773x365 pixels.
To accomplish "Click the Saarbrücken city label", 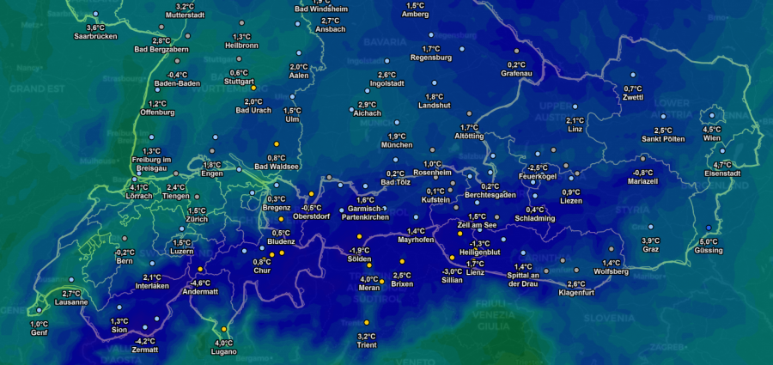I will pyautogui.click(x=95, y=37).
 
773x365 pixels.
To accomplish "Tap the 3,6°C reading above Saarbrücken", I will pyautogui.click(x=95, y=27).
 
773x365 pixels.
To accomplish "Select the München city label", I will pyautogui.click(x=396, y=145).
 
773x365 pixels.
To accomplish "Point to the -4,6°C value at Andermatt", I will pyautogui.click(x=200, y=283).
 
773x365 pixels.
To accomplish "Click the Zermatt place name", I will pyautogui.click(x=144, y=350).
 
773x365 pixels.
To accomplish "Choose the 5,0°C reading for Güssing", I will pyautogui.click(x=709, y=241).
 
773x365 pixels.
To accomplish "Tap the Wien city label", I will pyautogui.click(x=712, y=138).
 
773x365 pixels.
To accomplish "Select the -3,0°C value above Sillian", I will pyautogui.click(x=452, y=271).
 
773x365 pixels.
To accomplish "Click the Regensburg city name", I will pyautogui.click(x=431, y=58).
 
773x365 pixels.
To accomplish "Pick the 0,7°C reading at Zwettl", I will pyautogui.click(x=633, y=88).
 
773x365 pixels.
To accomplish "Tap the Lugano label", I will pyautogui.click(x=224, y=352).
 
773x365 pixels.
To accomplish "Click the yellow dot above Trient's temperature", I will pyautogui.click(x=366, y=322).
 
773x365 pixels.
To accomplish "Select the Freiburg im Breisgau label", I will pyautogui.click(x=151, y=164).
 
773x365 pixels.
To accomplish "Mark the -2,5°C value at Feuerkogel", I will pyautogui.click(x=538, y=167).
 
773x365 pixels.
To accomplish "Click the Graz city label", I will pyautogui.click(x=651, y=249).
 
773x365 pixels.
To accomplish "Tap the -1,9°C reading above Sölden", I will pyautogui.click(x=359, y=250).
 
